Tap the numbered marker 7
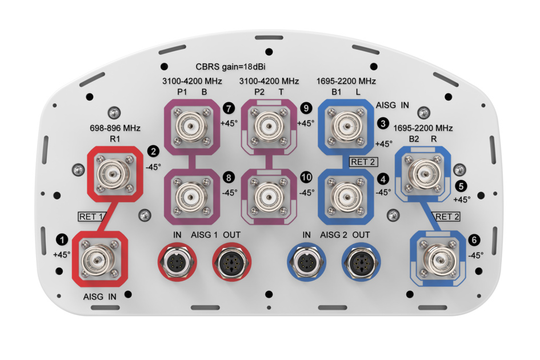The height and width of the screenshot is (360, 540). [229, 107]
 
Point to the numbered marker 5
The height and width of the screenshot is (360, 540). [461, 185]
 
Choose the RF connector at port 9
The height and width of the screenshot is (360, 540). [267, 123]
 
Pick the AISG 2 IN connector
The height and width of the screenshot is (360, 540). [306, 262]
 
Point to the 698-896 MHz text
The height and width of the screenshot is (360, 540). [115, 128]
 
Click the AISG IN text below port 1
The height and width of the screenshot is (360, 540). [100, 297]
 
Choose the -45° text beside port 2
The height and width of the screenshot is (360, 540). [153, 167]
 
